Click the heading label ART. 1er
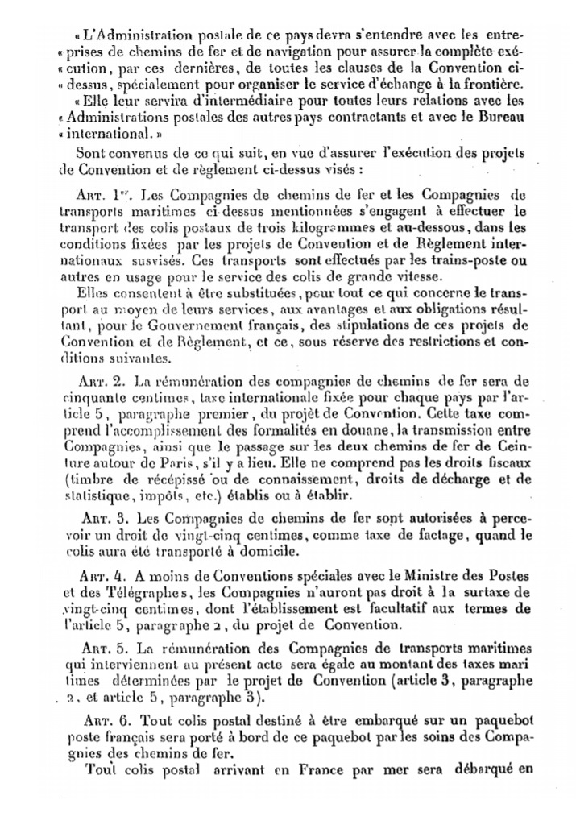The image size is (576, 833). coord(95,195)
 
